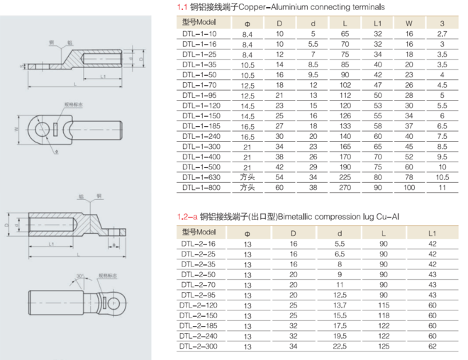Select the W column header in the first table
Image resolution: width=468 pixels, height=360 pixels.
tap(408, 23)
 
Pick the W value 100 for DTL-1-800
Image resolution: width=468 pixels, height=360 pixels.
tap(408, 187)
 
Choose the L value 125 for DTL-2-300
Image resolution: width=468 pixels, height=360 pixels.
tap(384, 347)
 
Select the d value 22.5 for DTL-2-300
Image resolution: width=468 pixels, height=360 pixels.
tap(340, 347)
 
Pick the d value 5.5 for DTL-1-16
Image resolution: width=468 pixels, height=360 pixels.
tap(313, 44)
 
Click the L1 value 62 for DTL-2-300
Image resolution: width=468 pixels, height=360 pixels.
tap(433, 347)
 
